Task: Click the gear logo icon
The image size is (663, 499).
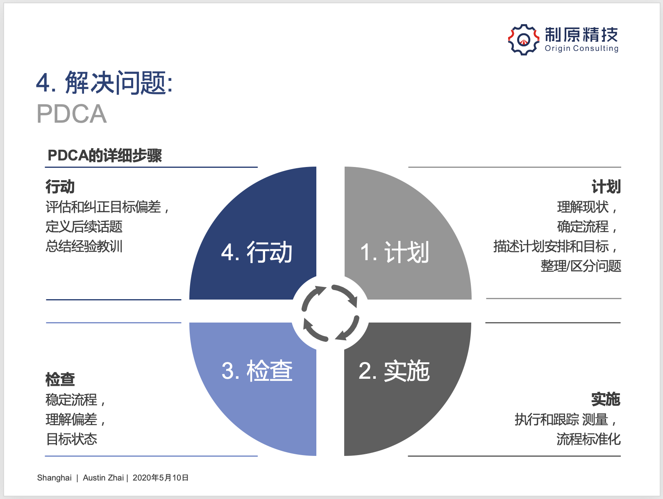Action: [523, 40]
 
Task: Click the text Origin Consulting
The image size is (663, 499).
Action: [581, 48]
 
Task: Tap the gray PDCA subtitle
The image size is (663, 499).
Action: [72, 114]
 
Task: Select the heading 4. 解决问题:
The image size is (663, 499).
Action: [104, 82]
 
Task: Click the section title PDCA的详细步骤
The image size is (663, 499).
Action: [105, 156]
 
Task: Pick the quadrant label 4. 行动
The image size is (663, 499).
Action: [257, 252]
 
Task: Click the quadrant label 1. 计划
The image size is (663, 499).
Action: [395, 252]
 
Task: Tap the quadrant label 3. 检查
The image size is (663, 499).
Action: [257, 371]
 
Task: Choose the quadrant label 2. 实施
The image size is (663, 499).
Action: [394, 371]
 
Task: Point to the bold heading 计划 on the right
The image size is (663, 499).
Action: [606, 187]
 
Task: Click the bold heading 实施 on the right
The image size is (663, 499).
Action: [606, 399]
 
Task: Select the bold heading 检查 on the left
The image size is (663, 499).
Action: [60, 380]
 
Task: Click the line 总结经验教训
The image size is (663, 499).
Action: [84, 246]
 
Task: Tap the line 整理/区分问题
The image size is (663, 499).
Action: [581, 266]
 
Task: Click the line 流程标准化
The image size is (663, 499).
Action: [588, 439]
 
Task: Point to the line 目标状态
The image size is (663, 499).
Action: [72, 439]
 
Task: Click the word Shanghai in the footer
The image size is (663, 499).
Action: [54, 478]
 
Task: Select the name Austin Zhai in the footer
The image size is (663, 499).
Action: [103, 478]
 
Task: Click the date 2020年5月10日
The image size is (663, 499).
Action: [160, 478]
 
